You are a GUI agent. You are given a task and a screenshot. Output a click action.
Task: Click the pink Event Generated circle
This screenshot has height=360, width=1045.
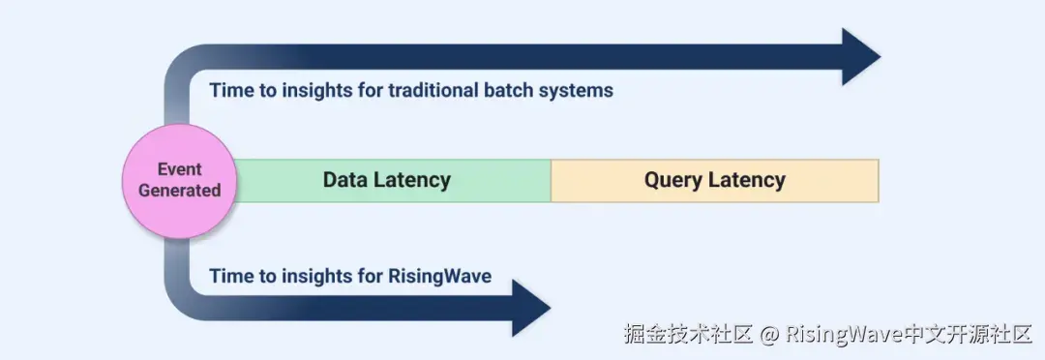click(179, 181)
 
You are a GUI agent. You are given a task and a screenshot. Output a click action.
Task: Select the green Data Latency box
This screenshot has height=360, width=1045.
click(393, 181)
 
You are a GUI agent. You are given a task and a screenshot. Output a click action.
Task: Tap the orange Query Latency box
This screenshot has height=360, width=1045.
click(715, 181)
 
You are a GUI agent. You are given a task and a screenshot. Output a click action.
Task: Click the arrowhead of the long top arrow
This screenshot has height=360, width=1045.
click(860, 57)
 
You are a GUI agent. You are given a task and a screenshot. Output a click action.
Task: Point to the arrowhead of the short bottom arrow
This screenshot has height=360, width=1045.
click(530, 308)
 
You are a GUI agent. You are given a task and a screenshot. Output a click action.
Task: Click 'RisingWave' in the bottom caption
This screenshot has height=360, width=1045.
click(440, 276)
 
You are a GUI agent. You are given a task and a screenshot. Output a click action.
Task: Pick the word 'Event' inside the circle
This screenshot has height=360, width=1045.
click(179, 169)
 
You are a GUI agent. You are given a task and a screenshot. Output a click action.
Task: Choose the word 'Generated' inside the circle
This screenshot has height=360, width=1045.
click(179, 191)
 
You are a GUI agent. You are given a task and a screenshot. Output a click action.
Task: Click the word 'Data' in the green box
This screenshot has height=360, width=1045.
click(343, 180)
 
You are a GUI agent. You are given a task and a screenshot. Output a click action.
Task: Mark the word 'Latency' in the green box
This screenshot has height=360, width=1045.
click(411, 181)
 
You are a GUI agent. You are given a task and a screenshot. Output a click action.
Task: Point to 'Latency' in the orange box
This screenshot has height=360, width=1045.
click(747, 181)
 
